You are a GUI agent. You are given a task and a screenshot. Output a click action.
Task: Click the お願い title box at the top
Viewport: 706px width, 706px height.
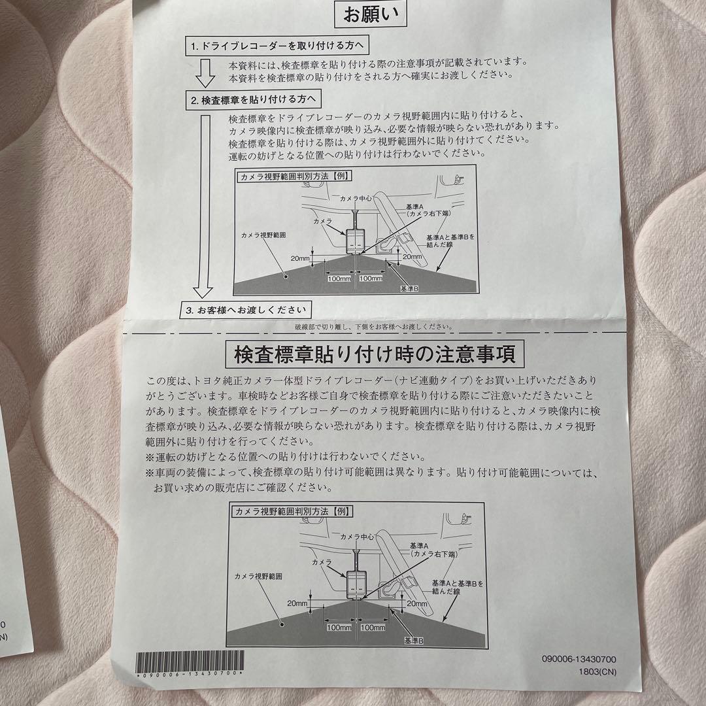(x=371, y=14)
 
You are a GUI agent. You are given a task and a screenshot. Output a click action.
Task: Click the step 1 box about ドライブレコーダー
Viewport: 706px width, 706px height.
(x=277, y=46)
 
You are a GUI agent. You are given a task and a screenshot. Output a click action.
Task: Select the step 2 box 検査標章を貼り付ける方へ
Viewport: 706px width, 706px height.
(x=254, y=99)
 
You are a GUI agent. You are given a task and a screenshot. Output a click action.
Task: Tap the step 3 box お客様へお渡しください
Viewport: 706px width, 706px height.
(x=246, y=311)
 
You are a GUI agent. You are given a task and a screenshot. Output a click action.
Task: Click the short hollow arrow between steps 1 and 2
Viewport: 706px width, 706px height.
(x=205, y=73)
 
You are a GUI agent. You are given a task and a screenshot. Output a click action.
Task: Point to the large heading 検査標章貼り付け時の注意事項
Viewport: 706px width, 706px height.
(x=375, y=354)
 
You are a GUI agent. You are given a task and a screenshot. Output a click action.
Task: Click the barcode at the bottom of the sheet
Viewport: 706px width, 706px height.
(x=190, y=664)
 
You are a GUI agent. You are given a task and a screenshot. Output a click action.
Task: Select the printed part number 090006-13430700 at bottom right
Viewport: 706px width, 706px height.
(x=579, y=659)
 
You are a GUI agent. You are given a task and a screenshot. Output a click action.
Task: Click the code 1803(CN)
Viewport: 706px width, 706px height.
(x=597, y=672)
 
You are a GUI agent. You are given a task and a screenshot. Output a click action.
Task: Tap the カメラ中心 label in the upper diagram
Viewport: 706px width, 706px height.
(x=356, y=199)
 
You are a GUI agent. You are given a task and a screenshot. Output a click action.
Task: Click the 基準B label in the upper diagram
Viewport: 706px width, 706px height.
(x=409, y=289)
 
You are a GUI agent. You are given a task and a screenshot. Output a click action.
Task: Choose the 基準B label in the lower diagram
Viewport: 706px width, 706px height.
(x=413, y=640)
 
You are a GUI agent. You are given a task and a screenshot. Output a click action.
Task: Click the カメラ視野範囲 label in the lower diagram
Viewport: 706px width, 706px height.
(x=258, y=577)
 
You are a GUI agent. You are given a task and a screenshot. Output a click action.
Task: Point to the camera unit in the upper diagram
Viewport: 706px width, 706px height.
(x=355, y=240)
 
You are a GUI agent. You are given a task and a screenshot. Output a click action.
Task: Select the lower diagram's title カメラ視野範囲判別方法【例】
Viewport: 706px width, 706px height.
(x=292, y=511)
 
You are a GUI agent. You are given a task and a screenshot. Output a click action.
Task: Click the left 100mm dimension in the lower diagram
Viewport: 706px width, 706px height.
(x=339, y=628)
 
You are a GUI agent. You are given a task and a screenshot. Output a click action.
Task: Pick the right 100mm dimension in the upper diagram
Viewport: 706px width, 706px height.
(x=371, y=278)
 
